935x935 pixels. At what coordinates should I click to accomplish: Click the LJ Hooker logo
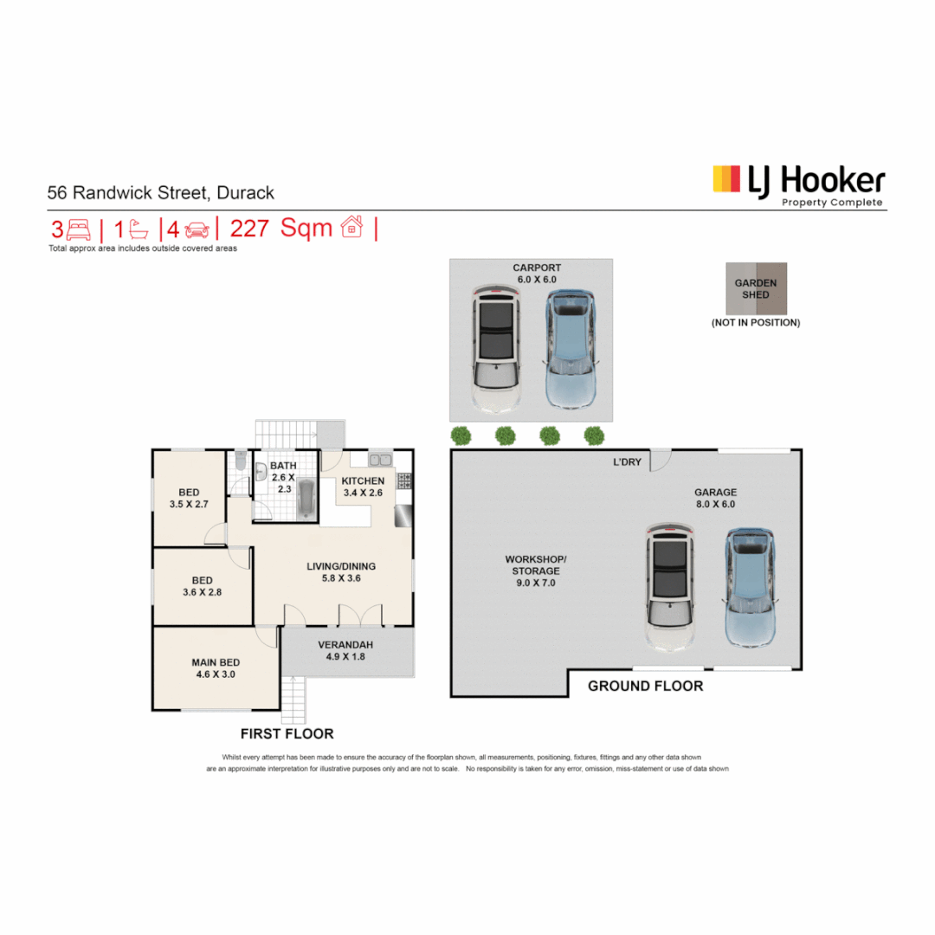[798, 185]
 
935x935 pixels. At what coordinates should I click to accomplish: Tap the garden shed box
[756, 288]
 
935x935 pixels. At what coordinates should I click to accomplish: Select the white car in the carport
[496, 349]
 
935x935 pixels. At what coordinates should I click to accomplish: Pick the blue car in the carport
[571, 349]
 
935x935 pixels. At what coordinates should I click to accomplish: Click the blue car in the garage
[750, 587]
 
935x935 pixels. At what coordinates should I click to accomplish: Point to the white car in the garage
[670, 587]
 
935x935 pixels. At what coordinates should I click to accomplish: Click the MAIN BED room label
[216, 662]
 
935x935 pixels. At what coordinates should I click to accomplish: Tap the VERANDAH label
[345, 645]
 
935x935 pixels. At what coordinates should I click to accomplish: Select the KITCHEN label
[363, 480]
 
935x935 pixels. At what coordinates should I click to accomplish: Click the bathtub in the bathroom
[306, 499]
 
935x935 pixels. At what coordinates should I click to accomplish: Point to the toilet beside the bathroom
[241, 461]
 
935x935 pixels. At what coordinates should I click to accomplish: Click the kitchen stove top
[404, 480]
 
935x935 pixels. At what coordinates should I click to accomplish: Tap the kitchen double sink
[380, 460]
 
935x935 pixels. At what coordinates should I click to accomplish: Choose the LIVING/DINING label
[341, 566]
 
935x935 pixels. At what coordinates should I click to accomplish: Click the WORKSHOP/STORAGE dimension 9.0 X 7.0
[536, 583]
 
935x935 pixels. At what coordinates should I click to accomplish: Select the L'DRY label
[628, 462]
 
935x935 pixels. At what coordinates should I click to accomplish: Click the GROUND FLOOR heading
[645, 686]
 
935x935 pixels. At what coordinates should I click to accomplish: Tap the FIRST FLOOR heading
[287, 733]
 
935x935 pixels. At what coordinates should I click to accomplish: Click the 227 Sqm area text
[280, 229]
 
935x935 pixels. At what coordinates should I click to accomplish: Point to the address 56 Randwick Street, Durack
[160, 192]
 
